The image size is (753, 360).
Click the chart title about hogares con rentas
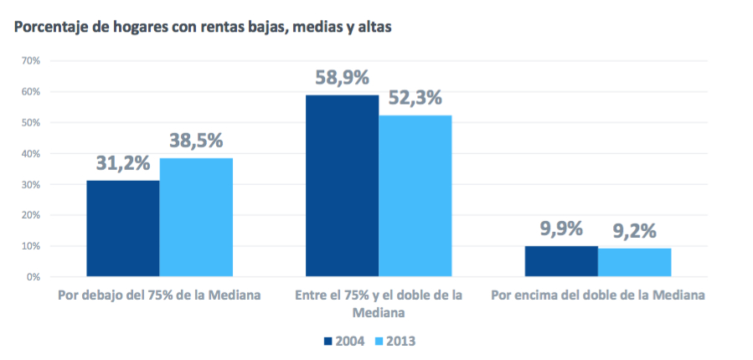pos(202,28)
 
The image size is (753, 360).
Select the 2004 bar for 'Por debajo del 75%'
pos(123,228)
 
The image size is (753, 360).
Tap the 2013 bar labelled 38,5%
pos(196,217)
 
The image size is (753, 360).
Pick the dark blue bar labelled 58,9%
pos(342,185)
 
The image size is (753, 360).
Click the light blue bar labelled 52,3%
pos(415,195)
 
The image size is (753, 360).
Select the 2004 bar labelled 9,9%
pos(561,261)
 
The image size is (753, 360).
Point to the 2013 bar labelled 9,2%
pos(634,262)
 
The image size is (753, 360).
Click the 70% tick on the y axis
pos(31,61)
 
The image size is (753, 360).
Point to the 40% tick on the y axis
pos(31,154)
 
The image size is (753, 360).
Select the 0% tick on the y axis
pos(34,277)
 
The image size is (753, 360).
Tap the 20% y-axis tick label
pos(31,215)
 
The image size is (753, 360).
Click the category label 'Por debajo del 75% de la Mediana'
pos(159,296)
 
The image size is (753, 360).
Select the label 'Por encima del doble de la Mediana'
pos(598,296)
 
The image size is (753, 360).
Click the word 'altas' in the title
pos(375,28)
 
